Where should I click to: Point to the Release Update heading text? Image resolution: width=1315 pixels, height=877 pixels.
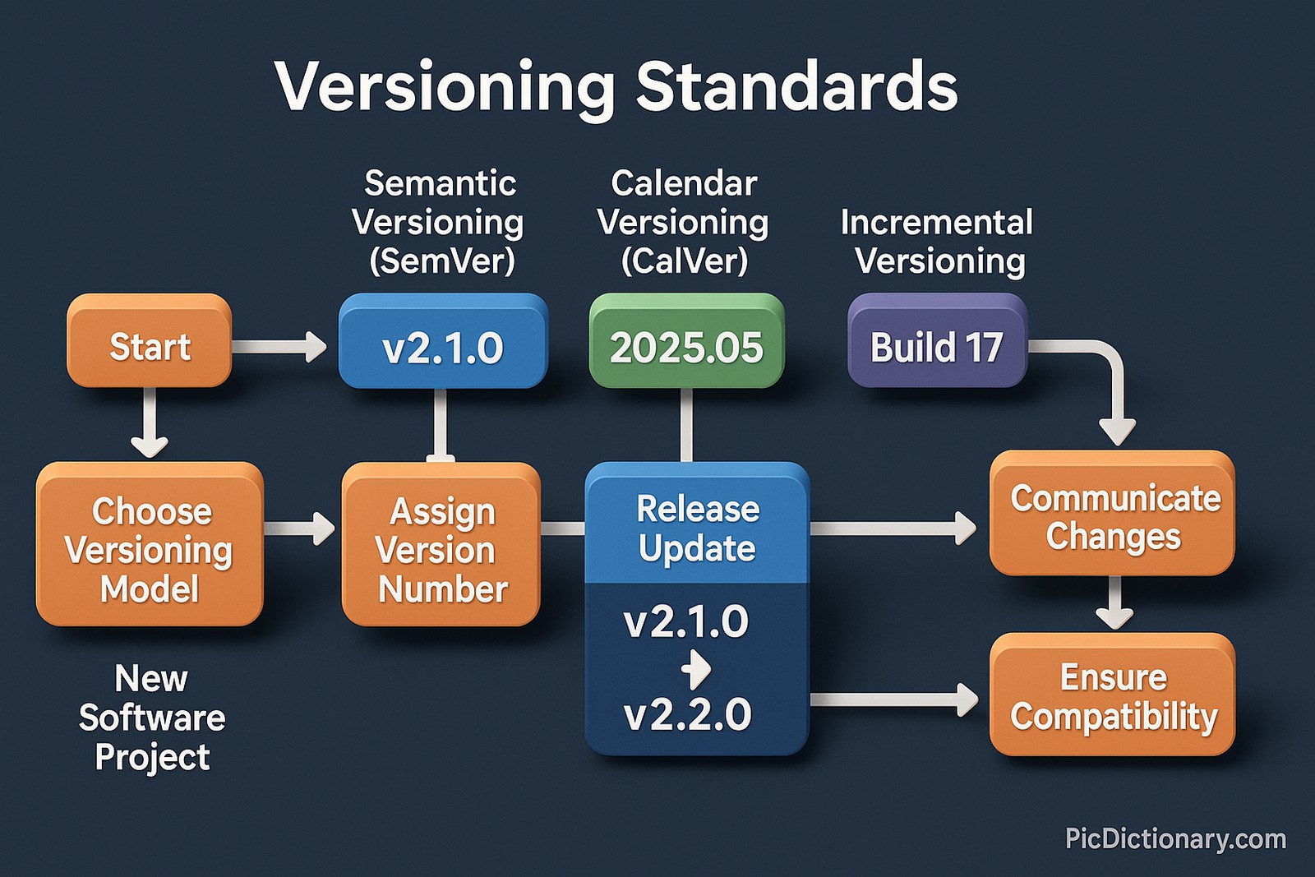[697, 529]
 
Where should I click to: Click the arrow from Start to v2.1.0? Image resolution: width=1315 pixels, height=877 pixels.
[279, 347]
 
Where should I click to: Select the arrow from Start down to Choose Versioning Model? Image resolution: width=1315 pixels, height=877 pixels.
[150, 423]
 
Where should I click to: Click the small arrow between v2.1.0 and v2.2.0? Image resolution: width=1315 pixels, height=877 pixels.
[697, 669]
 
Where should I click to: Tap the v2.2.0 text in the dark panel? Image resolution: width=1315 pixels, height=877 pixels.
[688, 714]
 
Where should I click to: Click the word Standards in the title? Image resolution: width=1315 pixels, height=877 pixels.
[796, 87]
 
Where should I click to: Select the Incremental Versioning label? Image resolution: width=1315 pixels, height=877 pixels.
[938, 242]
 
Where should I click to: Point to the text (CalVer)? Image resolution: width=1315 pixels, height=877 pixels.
[684, 261]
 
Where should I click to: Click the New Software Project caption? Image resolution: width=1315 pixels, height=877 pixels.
[152, 718]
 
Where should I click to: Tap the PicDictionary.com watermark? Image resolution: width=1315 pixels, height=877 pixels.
[1175, 839]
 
